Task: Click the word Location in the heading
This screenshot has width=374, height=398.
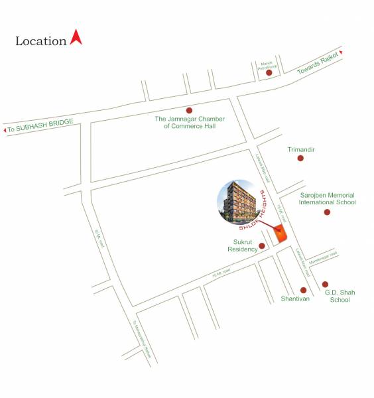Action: point(40,41)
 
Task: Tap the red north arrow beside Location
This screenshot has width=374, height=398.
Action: point(76,37)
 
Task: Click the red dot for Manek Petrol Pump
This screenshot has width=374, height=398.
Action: point(269,72)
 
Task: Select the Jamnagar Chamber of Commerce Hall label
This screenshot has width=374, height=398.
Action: point(190,122)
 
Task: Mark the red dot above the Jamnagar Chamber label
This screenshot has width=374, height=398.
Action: point(189,110)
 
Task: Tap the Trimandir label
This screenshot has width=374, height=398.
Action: point(300,150)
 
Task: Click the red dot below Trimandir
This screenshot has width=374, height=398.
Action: point(300,159)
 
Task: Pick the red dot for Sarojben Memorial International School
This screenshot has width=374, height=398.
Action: point(327,212)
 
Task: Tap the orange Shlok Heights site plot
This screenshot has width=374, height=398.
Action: point(281,233)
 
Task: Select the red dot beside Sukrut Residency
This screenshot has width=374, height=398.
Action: point(262,246)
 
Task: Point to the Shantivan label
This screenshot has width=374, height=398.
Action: point(295,299)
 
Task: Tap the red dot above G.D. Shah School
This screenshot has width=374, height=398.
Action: point(325,285)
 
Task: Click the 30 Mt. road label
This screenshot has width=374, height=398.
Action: point(100,237)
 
